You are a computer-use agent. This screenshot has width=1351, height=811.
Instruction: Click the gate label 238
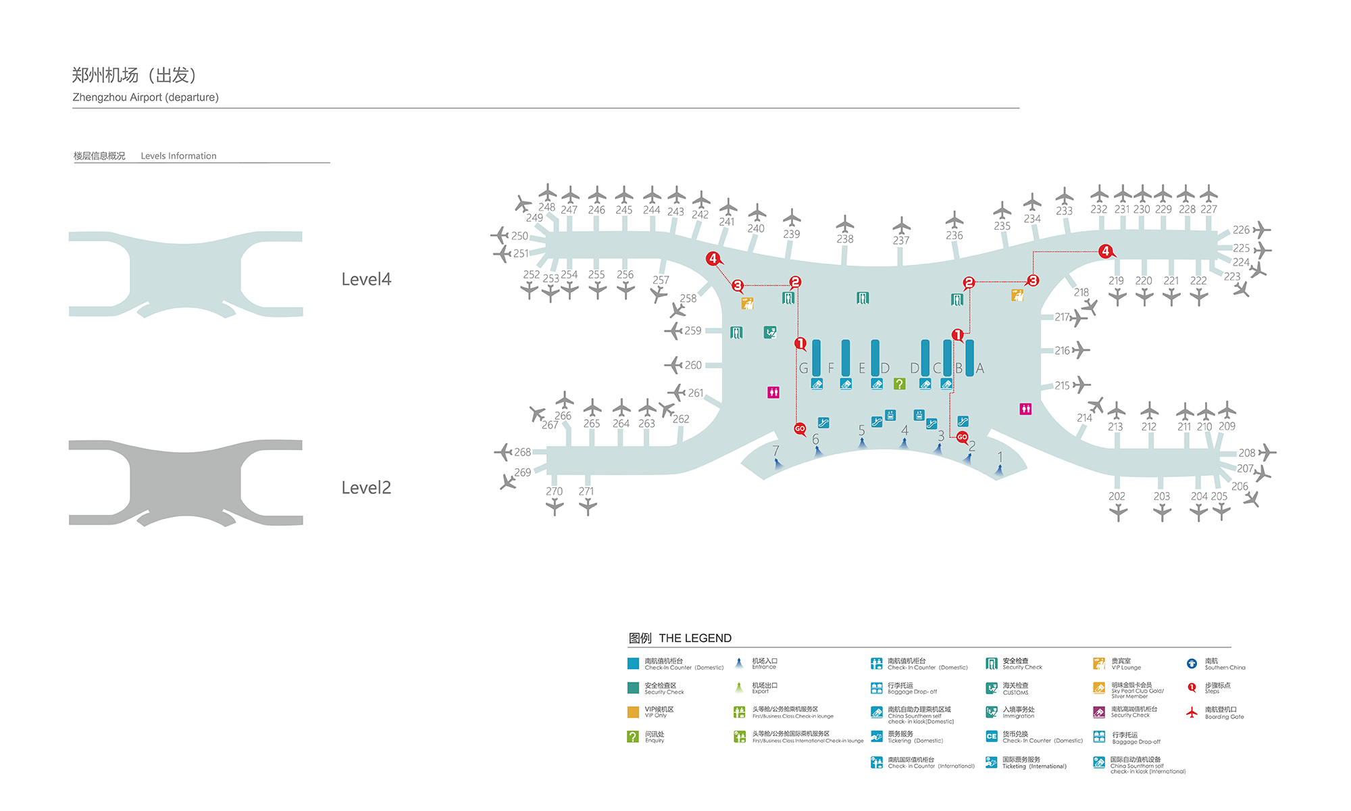[845, 239]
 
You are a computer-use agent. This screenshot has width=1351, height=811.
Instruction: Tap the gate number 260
[693, 365]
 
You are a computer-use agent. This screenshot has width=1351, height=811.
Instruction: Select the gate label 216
[1062, 351]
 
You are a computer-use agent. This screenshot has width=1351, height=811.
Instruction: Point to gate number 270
[554, 491]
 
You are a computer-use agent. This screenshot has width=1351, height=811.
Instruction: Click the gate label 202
[1117, 496]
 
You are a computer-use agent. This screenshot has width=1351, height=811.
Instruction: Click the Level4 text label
[366, 279]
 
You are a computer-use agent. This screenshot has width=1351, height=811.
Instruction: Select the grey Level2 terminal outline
[185, 483]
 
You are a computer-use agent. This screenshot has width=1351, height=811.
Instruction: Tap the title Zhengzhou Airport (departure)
[145, 97]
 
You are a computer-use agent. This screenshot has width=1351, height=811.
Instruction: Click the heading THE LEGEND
[695, 638]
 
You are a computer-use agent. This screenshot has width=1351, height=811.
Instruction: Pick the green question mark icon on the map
[899, 384]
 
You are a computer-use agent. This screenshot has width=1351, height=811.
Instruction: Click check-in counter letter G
[803, 368]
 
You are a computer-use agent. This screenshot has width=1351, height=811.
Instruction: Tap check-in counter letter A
[980, 368]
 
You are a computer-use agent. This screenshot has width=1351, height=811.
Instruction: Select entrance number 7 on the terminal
[775, 451]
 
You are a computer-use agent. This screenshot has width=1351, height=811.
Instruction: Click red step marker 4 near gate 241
[713, 258]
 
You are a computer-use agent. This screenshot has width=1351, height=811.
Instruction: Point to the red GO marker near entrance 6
[800, 428]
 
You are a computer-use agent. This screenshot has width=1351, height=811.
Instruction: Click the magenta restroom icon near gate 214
[1025, 409]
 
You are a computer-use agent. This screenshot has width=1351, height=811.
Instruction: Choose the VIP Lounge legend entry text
[1125, 664]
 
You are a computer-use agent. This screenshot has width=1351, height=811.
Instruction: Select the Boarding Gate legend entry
[1223, 713]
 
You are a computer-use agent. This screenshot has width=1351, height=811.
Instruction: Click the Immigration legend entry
[1018, 712]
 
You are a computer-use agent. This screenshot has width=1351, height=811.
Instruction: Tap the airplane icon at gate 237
[901, 225]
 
